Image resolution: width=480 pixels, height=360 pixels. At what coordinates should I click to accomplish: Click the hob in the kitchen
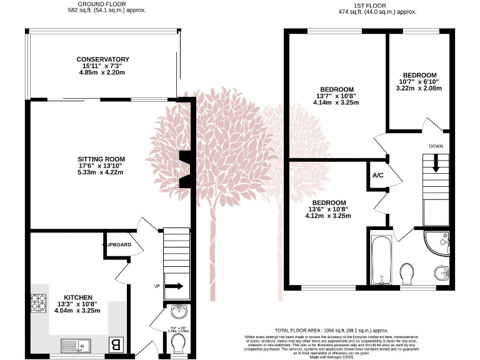(39, 302)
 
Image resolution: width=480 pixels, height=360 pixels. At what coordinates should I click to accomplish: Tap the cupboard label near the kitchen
(119, 244)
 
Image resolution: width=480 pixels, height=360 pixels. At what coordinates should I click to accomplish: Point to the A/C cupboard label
(378, 176)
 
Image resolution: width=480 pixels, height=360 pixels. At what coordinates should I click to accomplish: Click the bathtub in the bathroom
(380, 259)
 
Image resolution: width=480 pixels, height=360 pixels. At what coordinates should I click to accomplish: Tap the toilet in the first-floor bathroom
(407, 272)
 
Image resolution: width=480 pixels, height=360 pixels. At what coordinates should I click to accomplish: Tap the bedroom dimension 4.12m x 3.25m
(328, 216)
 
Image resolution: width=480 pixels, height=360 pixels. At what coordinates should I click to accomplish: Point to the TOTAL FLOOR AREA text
(332, 329)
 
